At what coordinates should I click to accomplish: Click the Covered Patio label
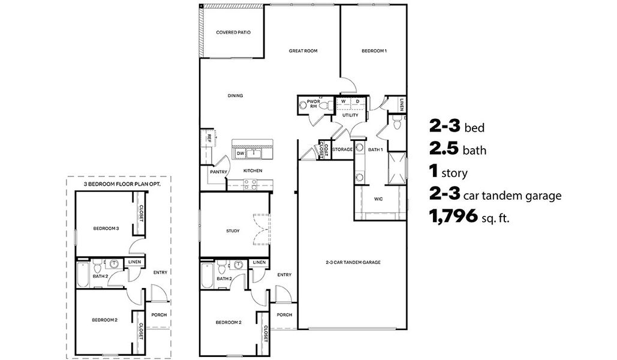(233, 32)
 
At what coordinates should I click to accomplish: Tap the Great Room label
(303, 51)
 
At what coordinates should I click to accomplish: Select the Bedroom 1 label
(374, 51)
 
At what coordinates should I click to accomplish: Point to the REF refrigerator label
(208, 137)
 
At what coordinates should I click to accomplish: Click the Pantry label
(217, 171)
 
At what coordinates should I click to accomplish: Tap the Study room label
(233, 230)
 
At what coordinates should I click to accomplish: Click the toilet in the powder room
(325, 106)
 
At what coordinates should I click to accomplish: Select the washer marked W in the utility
(344, 101)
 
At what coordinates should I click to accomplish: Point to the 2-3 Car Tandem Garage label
(353, 262)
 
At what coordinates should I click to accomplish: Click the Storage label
(342, 149)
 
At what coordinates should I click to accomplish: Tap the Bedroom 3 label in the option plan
(106, 228)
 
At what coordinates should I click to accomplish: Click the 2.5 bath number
(445, 149)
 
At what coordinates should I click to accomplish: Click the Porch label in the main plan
(284, 314)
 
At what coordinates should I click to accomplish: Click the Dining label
(235, 95)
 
